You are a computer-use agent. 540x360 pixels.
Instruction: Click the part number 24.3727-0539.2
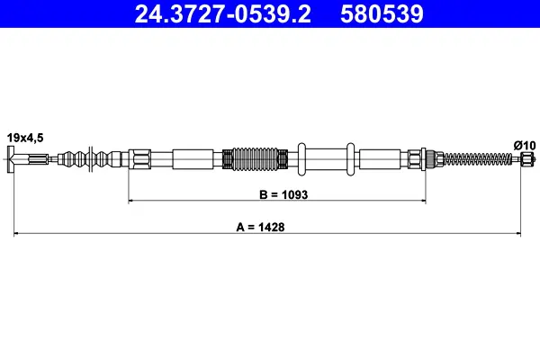[x=223, y=13]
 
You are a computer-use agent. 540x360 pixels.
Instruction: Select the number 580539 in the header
[x=382, y=13]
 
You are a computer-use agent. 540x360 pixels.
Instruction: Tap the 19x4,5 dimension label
[x=25, y=138]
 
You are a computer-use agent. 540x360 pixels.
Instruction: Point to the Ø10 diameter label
[x=525, y=146]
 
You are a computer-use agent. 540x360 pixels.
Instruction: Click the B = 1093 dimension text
[x=283, y=194]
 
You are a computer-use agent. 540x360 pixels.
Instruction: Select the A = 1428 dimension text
[x=260, y=227]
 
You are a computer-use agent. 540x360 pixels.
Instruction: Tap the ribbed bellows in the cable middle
[x=255, y=159]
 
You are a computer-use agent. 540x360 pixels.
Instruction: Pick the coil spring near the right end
[x=478, y=159]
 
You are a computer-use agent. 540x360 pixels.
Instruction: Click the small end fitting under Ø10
[x=527, y=159]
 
